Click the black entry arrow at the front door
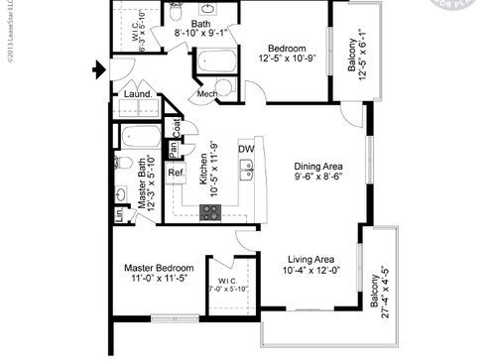(x=96, y=69)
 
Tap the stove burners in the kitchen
(x=210, y=210)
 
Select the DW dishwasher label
(x=245, y=149)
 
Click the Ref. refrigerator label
(x=176, y=173)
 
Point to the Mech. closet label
(x=207, y=94)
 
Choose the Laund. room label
(x=137, y=95)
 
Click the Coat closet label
(x=176, y=128)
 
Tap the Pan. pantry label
(x=172, y=150)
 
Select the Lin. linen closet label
(x=118, y=212)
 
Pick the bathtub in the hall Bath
(x=217, y=61)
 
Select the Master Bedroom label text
(x=159, y=268)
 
